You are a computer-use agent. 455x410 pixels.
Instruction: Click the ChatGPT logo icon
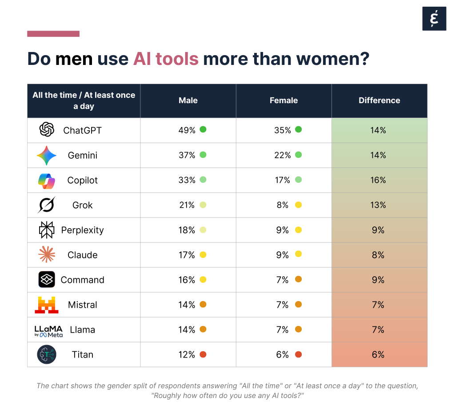pos(47,130)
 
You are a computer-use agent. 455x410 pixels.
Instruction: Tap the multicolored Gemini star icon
pos(47,155)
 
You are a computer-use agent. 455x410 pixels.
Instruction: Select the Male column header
pos(188,100)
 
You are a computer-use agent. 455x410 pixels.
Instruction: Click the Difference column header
pos(379,100)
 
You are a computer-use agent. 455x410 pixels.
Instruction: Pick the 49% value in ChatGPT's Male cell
pos(187,130)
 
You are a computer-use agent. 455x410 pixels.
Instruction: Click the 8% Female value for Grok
pos(283,205)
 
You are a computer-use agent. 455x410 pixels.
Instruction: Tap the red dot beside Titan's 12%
pos(203,354)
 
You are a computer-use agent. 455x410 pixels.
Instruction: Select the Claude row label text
pos(82,255)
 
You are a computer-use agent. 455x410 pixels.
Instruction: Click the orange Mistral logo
pos(47,305)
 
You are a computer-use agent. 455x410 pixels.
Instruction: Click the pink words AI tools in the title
pos(166,59)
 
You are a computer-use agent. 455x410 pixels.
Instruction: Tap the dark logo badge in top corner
pos(434,19)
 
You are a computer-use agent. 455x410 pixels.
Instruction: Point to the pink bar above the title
pos(53,34)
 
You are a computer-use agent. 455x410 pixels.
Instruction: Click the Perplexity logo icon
pos(47,230)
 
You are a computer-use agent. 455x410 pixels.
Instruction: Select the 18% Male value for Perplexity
pos(187,230)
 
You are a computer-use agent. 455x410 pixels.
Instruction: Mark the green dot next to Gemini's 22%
pos(298,155)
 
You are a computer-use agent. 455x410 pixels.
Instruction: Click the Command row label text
pos(82,280)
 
